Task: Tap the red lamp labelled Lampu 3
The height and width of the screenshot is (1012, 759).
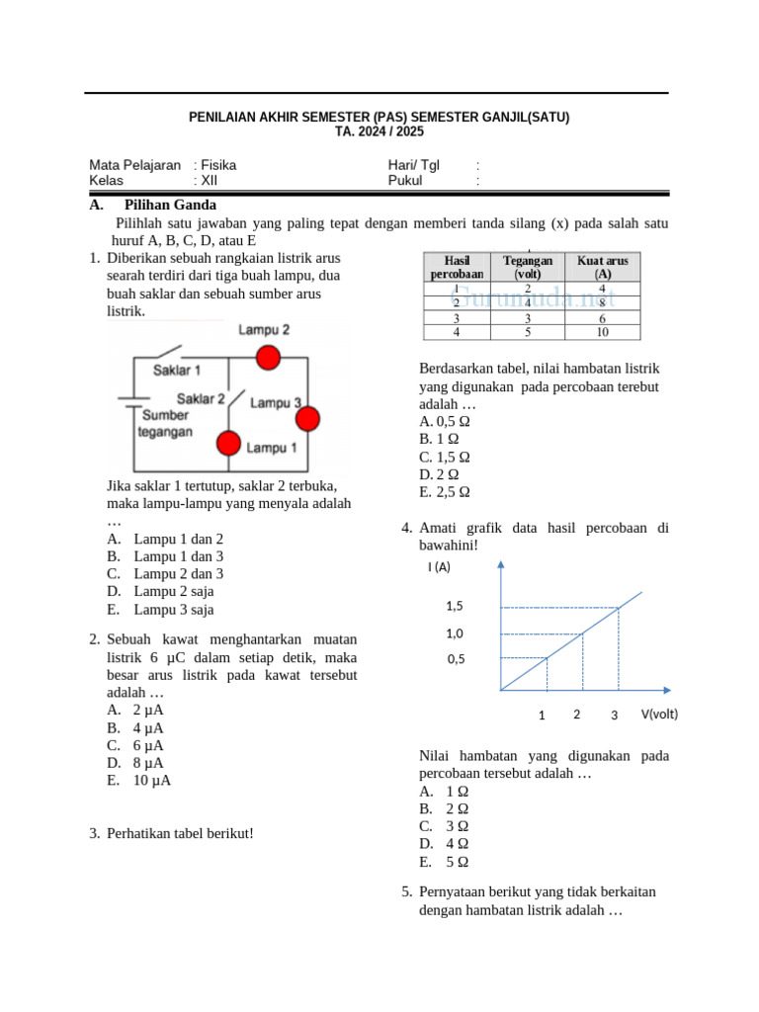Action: click(307, 419)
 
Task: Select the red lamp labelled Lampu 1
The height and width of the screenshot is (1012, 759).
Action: click(229, 443)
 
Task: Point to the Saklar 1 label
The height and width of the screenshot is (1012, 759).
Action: click(177, 370)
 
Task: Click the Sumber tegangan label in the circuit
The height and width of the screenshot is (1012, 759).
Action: click(165, 424)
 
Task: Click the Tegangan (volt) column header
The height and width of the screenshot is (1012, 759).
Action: click(527, 267)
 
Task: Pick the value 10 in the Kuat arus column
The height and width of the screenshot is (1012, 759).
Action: click(602, 333)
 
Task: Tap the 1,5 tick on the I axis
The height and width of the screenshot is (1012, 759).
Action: click(455, 606)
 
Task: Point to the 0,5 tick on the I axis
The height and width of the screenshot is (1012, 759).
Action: click(455, 658)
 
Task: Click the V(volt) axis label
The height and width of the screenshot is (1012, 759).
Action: click(660, 714)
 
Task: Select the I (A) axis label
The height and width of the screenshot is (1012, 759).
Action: click(439, 567)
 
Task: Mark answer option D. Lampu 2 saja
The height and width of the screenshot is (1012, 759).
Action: click(160, 591)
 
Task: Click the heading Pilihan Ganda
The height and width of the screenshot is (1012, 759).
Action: click(170, 206)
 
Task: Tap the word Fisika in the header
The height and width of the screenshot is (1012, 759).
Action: click(219, 165)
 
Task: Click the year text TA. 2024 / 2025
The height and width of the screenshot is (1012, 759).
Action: click(379, 131)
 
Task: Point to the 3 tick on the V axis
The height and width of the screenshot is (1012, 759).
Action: click(614, 715)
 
